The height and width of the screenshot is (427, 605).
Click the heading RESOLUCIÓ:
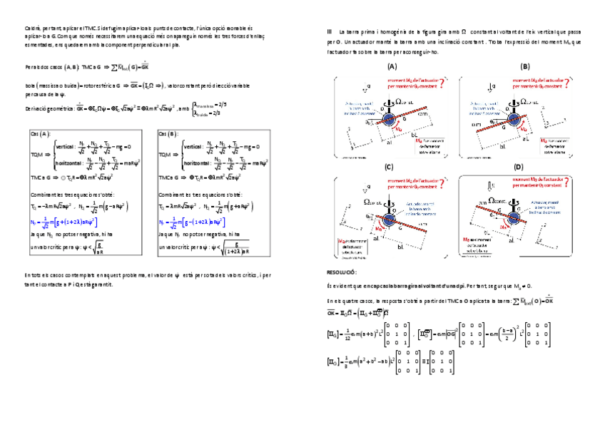(341, 273)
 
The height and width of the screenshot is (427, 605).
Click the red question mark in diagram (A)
(443, 83)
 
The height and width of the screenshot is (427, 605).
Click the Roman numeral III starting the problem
(329, 31)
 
